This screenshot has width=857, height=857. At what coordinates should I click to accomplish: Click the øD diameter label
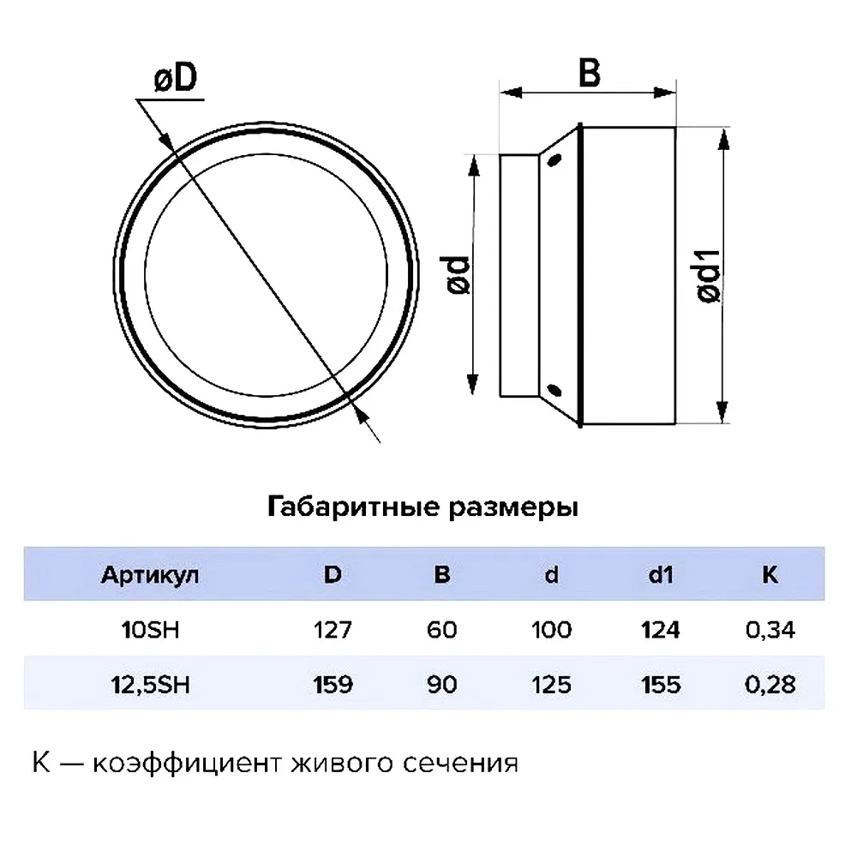tap(176, 78)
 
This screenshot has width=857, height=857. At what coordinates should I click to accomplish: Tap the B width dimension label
tap(590, 73)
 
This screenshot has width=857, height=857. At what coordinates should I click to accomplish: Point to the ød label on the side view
tap(458, 275)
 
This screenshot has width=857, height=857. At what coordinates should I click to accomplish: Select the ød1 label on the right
tap(709, 275)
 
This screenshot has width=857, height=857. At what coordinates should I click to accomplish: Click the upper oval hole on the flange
tap(554, 160)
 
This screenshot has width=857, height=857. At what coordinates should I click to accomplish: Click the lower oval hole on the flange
tap(554, 390)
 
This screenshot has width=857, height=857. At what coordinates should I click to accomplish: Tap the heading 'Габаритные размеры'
tap(423, 507)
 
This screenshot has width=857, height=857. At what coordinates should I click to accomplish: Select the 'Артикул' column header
tap(150, 575)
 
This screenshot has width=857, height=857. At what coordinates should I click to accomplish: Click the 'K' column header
tap(770, 574)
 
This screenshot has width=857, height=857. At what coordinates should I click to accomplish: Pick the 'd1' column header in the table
tap(660, 574)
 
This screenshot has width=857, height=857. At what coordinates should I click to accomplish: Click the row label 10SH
tap(150, 630)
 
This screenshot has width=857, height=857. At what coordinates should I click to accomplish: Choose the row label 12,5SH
tap(150, 685)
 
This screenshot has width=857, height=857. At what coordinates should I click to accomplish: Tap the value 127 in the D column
tap(333, 630)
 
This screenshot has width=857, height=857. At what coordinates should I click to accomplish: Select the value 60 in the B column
tap(441, 630)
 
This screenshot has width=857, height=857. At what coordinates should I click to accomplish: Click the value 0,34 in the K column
tap(770, 630)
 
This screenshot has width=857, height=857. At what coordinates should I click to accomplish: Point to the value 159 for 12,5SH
tap(333, 684)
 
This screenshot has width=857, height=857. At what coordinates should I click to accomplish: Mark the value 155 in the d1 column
tap(661, 684)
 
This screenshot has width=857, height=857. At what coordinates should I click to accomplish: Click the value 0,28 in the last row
tap(770, 685)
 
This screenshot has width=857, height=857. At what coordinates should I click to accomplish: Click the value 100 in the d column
tap(551, 630)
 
